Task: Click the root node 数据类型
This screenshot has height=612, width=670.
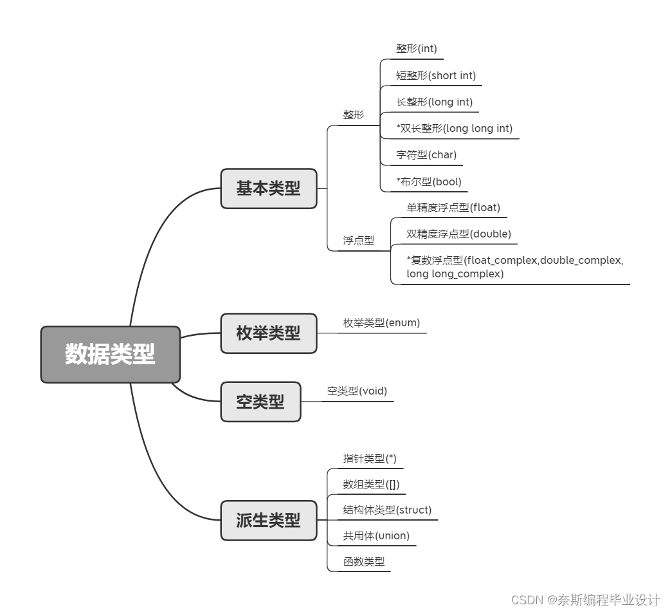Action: (x=110, y=354)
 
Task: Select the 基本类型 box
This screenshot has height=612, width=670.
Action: (x=268, y=189)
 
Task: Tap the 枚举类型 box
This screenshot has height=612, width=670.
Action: (x=268, y=333)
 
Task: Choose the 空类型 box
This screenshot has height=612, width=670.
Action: (x=260, y=402)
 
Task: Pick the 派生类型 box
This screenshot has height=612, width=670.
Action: (x=268, y=520)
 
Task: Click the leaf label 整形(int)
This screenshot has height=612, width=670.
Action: (x=417, y=48)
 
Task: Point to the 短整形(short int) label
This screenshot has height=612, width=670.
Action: (x=435, y=75)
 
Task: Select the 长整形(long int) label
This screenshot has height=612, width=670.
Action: (x=434, y=102)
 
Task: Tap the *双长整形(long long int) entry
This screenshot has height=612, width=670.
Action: (x=454, y=128)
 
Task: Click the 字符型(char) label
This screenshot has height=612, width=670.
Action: (x=426, y=154)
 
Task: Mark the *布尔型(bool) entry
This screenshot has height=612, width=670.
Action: (x=429, y=181)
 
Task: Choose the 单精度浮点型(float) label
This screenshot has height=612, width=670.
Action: (x=453, y=207)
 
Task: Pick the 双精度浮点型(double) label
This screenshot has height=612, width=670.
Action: (x=458, y=234)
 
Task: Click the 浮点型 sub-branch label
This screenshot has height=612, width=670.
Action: (x=358, y=240)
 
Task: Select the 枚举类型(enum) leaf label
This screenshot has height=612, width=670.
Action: (x=381, y=322)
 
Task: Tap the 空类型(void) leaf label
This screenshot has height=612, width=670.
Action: (x=357, y=391)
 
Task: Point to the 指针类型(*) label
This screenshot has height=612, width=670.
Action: (x=370, y=458)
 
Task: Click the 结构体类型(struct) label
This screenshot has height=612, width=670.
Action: (x=387, y=510)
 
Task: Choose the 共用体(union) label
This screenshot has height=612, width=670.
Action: (x=376, y=535)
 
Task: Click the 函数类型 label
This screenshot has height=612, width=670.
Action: (x=364, y=561)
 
